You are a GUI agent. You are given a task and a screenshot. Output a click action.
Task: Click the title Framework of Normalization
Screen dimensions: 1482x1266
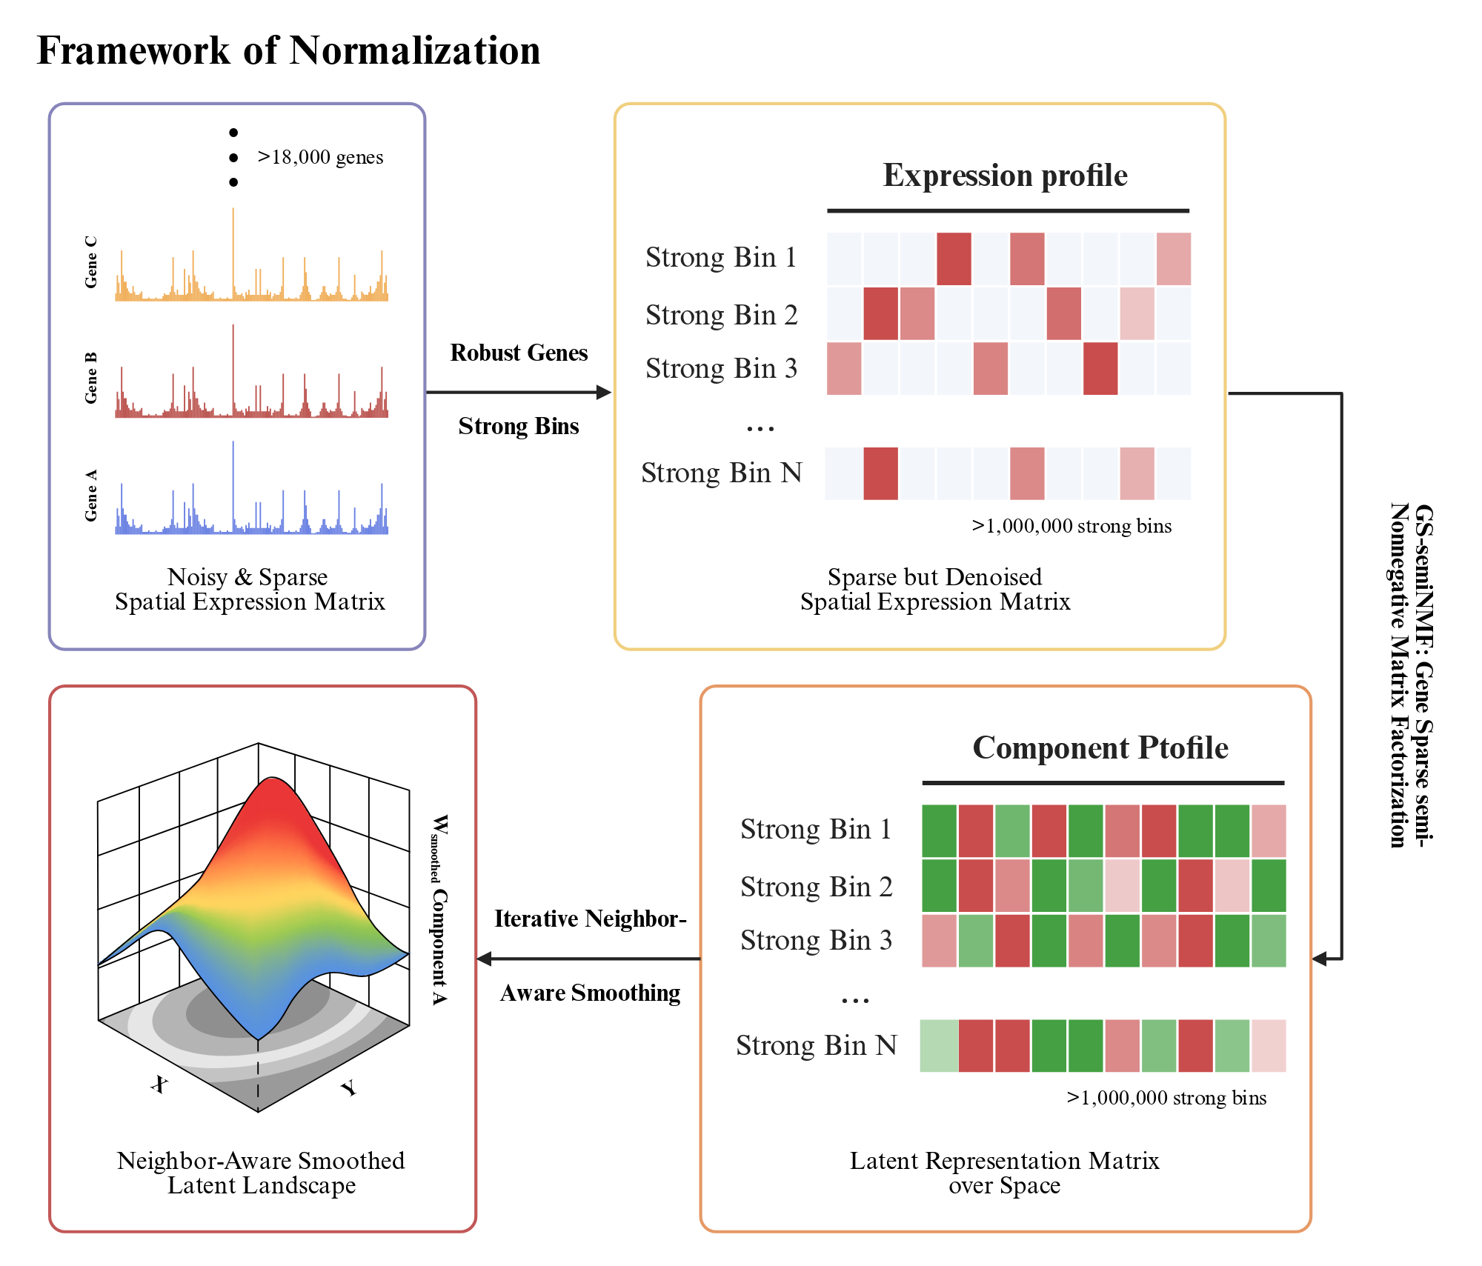click(288, 50)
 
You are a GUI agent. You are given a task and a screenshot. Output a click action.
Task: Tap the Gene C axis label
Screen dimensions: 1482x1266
click(90, 262)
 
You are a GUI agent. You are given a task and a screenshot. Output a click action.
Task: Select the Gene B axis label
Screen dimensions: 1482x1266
click(90, 378)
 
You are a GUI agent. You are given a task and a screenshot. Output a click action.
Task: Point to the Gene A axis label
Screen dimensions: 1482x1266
click(90, 495)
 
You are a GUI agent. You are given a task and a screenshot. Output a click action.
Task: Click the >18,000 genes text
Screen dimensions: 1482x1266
click(320, 157)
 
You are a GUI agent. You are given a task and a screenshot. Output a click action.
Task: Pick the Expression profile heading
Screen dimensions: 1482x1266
click(1005, 176)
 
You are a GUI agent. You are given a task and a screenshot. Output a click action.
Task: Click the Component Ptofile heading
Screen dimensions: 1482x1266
click(1100, 747)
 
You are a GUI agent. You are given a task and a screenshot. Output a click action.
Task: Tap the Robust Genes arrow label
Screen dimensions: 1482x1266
click(519, 353)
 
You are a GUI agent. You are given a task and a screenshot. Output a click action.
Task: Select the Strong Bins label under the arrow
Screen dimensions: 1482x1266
click(519, 426)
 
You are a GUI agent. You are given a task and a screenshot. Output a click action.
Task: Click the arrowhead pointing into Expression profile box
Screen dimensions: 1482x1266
click(604, 393)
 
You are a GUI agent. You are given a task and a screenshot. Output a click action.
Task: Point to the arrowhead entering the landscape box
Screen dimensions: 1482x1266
click(485, 959)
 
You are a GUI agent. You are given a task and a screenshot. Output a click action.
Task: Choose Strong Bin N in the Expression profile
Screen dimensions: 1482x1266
click(722, 473)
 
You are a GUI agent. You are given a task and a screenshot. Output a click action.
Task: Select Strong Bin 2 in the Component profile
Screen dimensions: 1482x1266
click(816, 887)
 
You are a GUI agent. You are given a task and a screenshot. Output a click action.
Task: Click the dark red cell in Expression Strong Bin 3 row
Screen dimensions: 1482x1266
click(1100, 368)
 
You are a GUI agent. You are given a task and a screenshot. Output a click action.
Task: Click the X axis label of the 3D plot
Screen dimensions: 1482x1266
click(159, 1085)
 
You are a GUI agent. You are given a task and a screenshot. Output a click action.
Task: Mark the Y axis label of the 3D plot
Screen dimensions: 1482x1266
click(348, 1087)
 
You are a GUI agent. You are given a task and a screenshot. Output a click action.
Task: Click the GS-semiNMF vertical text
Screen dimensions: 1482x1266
click(1412, 675)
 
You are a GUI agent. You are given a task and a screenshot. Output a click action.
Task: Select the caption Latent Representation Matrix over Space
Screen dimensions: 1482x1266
click(1004, 1173)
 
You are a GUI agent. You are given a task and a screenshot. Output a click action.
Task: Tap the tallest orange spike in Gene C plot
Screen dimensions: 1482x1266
click(233, 252)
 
